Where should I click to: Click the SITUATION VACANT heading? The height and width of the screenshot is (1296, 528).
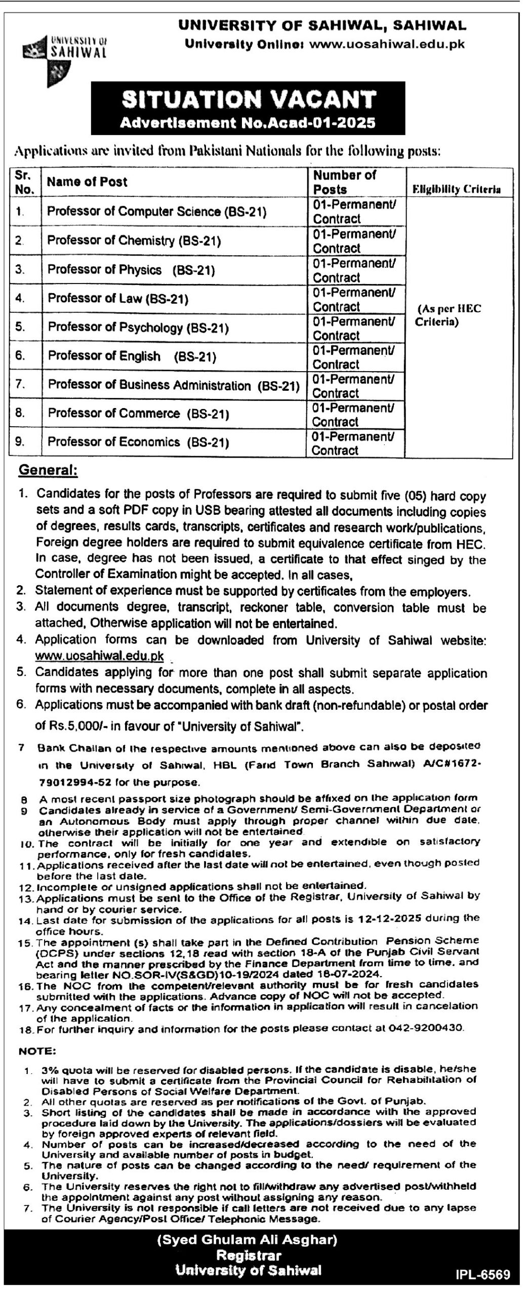click(248, 99)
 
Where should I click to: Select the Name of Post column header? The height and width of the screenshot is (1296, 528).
click(87, 182)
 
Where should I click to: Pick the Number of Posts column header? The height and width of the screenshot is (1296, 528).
click(344, 182)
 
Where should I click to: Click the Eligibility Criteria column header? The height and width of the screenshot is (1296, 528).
click(457, 189)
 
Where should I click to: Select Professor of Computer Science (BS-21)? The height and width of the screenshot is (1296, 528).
click(156, 212)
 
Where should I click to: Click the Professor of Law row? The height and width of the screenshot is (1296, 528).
click(118, 299)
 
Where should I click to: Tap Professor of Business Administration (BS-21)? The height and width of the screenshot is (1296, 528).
click(174, 385)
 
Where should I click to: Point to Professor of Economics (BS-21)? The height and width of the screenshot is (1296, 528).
click(138, 442)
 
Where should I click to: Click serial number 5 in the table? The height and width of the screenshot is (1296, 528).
click(20, 327)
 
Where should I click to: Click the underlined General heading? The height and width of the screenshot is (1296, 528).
click(48, 470)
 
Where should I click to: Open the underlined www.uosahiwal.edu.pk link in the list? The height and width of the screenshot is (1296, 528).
click(99, 656)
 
